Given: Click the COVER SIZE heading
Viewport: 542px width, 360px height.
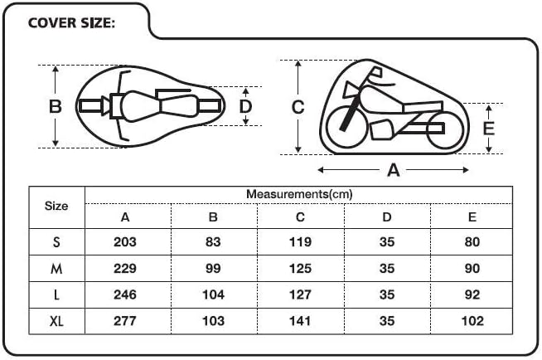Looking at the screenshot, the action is pyautogui.click(x=71, y=23).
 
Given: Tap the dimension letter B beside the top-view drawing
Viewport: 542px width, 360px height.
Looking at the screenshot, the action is pyautogui.click(x=56, y=106).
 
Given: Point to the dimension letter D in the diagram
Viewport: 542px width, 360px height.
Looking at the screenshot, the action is pyautogui.click(x=245, y=106).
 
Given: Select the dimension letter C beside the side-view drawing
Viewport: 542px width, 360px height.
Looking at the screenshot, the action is pyautogui.click(x=298, y=107).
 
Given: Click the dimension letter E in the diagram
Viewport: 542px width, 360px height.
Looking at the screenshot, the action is pyautogui.click(x=488, y=129).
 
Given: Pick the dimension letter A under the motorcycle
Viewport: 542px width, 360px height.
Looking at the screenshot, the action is pyautogui.click(x=394, y=170).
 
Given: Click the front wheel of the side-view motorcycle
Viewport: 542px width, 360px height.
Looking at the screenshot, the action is pyautogui.click(x=346, y=126).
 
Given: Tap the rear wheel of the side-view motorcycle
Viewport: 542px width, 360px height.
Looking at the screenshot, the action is pyautogui.click(x=445, y=130).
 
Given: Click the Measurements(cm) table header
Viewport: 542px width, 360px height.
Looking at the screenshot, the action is pyautogui.click(x=299, y=194).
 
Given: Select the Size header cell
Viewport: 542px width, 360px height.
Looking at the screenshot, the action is pyautogui.click(x=56, y=206).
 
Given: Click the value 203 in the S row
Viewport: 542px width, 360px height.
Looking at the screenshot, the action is pyautogui.click(x=125, y=241).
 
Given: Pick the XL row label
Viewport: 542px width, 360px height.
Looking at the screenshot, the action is pyautogui.click(x=56, y=321).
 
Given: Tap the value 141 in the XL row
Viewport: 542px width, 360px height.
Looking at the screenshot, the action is pyautogui.click(x=300, y=321).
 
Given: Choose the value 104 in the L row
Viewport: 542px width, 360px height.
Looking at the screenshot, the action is pyautogui.click(x=213, y=294).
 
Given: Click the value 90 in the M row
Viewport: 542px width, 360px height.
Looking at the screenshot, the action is pyautogui.click(x=472, y=269).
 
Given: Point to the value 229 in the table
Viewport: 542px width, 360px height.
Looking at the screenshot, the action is pyautogui.click(x=125, y=269).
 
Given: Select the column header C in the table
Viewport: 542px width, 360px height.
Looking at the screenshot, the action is pyautogui.click(x=300, y=217).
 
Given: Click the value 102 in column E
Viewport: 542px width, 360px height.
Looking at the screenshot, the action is pyautogui.click(x=472, y=321).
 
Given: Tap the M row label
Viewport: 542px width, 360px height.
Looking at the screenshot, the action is pyautogui.click(x=56, y=269).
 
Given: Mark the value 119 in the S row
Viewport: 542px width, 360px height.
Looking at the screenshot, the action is pyautogui.click(x=300, y=241).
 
